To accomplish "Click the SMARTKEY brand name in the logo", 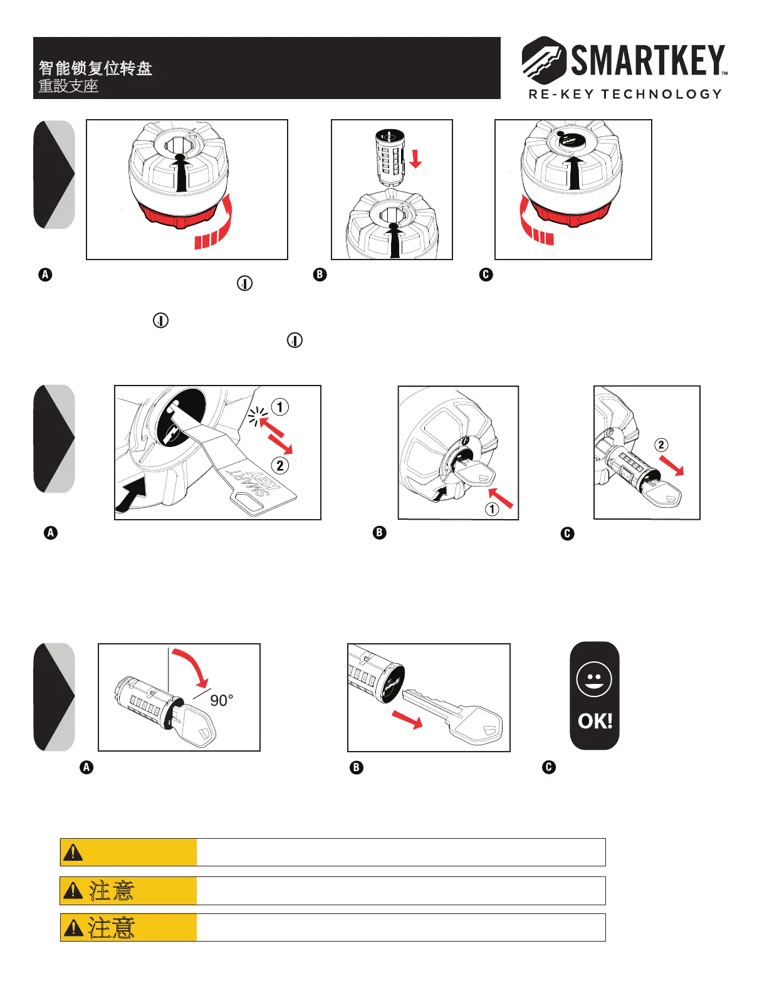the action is (648, 61).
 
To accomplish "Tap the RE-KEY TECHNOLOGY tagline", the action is (625, 94).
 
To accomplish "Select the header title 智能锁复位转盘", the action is (95, 68).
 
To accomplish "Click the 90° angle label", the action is (221, 700).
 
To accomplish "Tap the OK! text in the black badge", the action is (595, 721).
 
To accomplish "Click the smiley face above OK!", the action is (594, 679).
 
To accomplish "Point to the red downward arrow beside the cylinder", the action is (415, 157).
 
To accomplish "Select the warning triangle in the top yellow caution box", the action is (73, 853).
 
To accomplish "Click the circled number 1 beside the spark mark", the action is (279, 407).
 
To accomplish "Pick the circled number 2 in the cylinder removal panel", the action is (661, 445).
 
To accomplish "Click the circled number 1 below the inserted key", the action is (493, 508).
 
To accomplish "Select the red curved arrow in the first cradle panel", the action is (216, 226).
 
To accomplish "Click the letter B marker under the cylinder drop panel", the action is (320, 275).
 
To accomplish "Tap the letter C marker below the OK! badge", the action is (549, 767).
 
